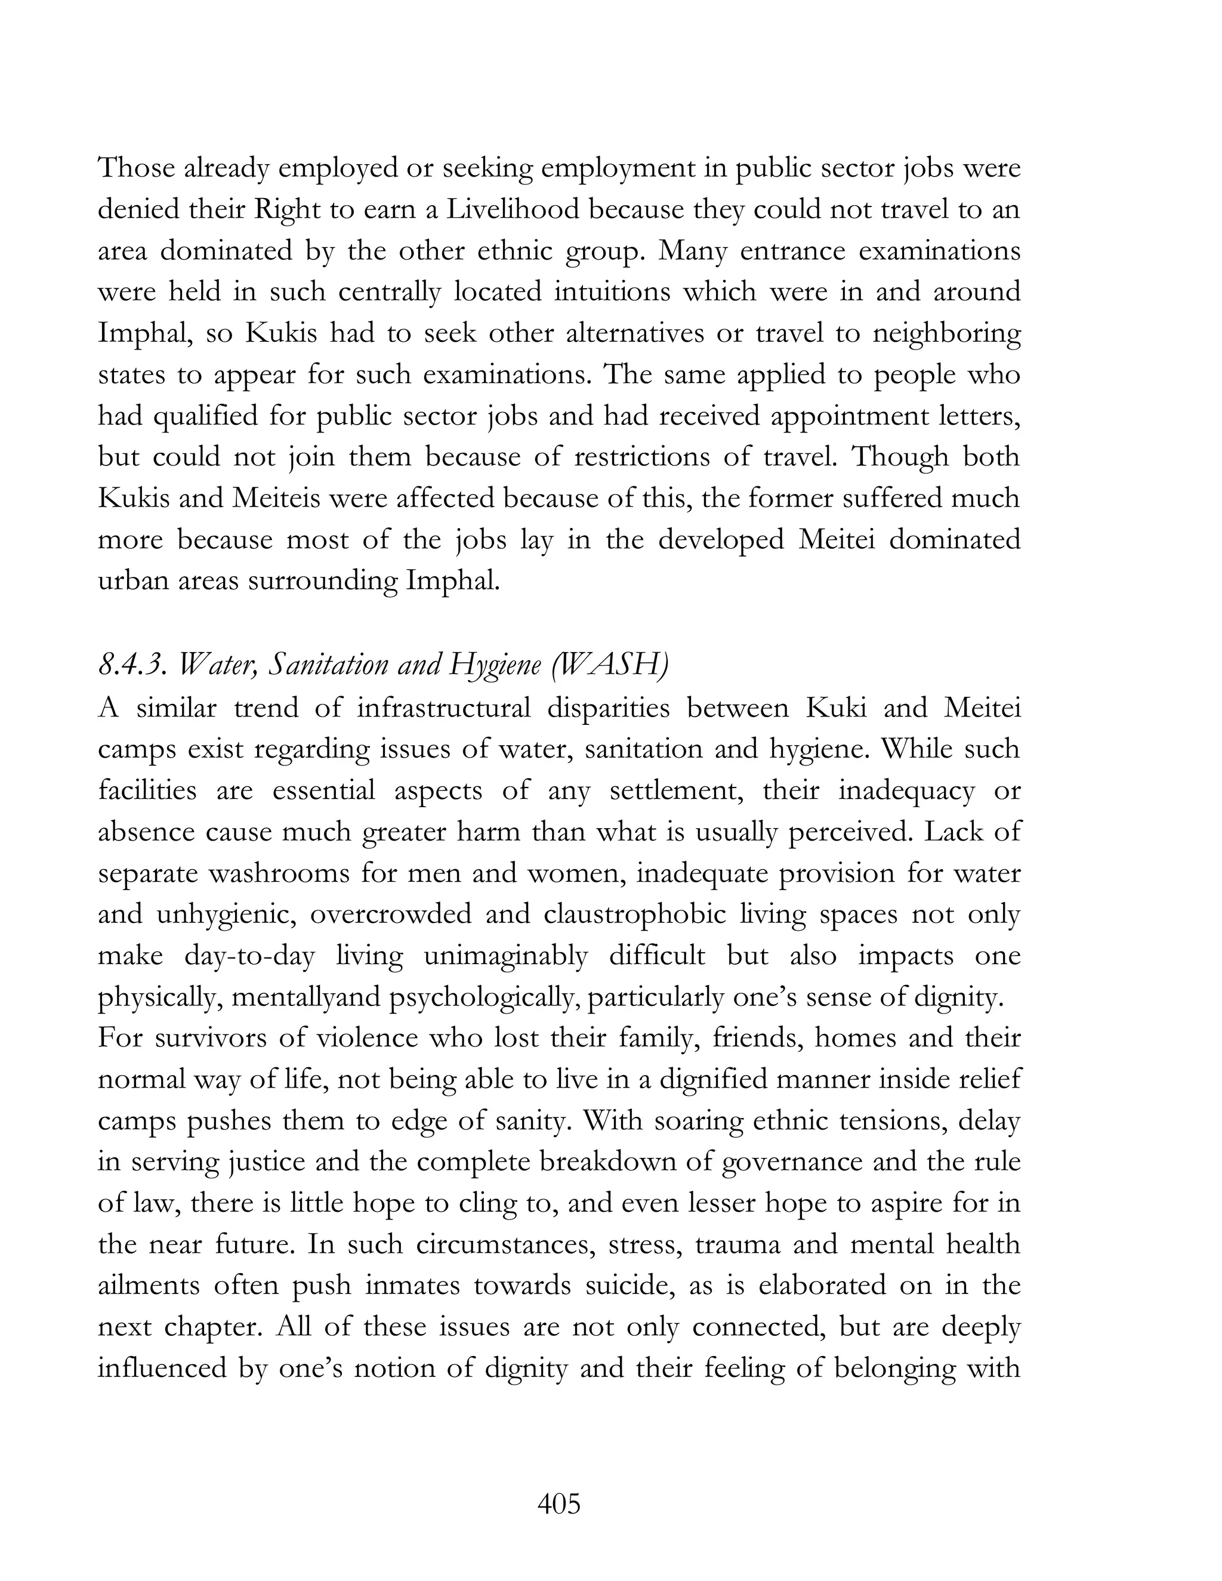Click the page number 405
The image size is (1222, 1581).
[559, 1504]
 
